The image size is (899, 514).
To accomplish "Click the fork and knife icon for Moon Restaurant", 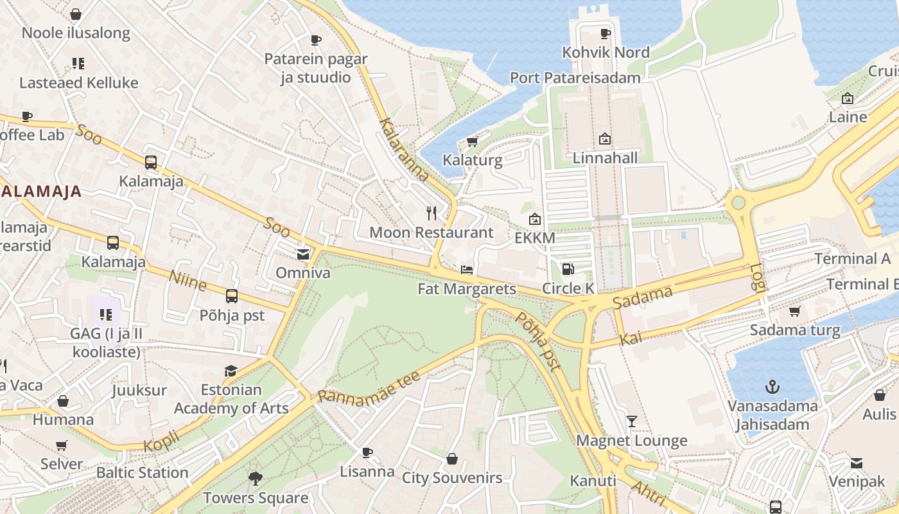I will point(432,213).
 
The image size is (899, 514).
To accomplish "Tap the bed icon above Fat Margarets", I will point(467,270).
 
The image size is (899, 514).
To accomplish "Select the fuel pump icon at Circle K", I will point(568,269).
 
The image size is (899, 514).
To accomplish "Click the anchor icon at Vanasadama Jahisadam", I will point(772,387).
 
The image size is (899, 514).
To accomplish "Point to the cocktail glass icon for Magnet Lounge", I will point(632,421).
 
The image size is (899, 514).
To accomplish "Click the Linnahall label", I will point(605,158).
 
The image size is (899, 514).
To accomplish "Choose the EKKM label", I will point(534,238).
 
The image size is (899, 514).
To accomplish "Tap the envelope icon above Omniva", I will point(303,254).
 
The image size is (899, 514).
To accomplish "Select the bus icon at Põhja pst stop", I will point(232,296).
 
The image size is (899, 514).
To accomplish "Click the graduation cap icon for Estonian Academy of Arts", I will point(231,371).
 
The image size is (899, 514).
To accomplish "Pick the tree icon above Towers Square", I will point(256,479).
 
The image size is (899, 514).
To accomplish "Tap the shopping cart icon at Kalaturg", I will point(472,141).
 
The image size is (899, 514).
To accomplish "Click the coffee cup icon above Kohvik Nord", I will point(605,33).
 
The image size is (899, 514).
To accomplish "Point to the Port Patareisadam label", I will point(575,78).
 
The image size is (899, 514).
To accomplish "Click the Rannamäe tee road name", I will point(369,387).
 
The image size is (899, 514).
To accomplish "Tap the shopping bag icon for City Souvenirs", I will point(452,459).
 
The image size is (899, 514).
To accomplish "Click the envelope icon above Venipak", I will point(856,463).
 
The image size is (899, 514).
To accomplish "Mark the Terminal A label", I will point(852,259).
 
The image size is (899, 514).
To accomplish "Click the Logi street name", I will point(758,278).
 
